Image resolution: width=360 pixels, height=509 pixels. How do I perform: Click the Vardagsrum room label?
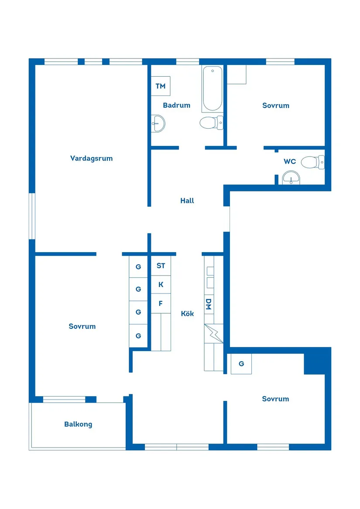(x=91, y=158)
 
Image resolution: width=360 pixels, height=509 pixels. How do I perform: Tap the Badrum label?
(x=176, y=105)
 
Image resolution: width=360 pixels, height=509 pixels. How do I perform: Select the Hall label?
(x=187, y=201)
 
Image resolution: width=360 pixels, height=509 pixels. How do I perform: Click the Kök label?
(x=188, y=314)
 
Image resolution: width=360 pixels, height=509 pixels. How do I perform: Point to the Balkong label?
(x=78, y=424)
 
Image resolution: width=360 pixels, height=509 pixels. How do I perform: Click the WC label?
(x=290, y=161)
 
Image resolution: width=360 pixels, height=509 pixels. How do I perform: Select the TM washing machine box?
(x=161, y=86)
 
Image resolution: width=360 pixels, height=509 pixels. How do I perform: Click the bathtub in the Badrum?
(x=213, y=89)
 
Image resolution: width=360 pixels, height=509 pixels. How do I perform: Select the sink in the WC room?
(x=291, y=178)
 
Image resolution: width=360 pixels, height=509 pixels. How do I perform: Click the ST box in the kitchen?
(x=161, y=266)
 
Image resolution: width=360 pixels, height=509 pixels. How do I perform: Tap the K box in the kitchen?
(x=161, y=285)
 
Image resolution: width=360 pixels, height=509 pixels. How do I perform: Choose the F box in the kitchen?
(x=161, y=304)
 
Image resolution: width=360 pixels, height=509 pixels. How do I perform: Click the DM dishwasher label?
(x=209, y=304)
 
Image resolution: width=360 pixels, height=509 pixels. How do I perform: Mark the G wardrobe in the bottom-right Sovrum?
(x=241, y=364)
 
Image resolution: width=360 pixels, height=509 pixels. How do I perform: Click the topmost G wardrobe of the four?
(x=138, y=266)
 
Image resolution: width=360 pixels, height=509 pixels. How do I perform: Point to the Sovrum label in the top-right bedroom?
(x=276, y=106)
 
